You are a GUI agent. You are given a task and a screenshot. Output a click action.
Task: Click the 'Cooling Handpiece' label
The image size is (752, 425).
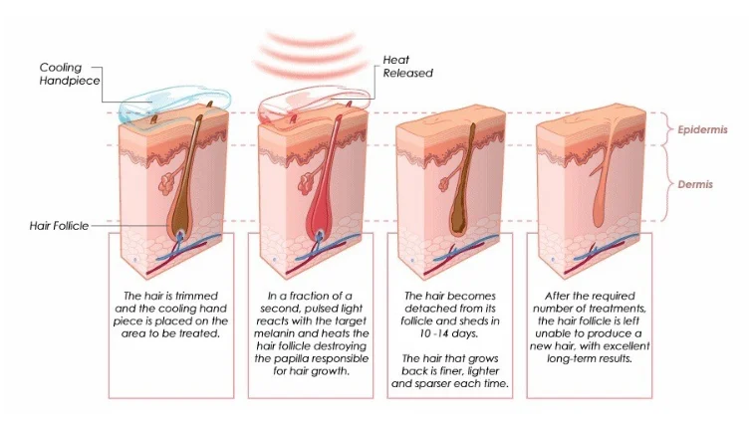68,74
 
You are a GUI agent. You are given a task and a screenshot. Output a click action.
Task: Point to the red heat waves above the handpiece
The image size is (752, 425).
306,50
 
